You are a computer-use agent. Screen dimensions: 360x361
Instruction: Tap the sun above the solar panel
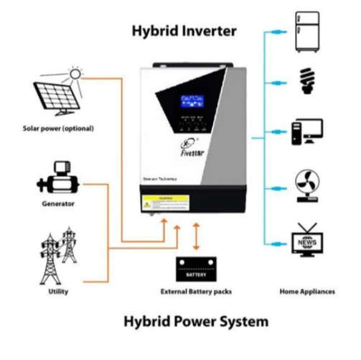pyautogui.click(x=76, y=73)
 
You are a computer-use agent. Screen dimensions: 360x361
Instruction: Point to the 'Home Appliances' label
pyautogui.click(x=306, y=291)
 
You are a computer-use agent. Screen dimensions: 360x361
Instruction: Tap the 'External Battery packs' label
pyautogui.click(x=196, y=291)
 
